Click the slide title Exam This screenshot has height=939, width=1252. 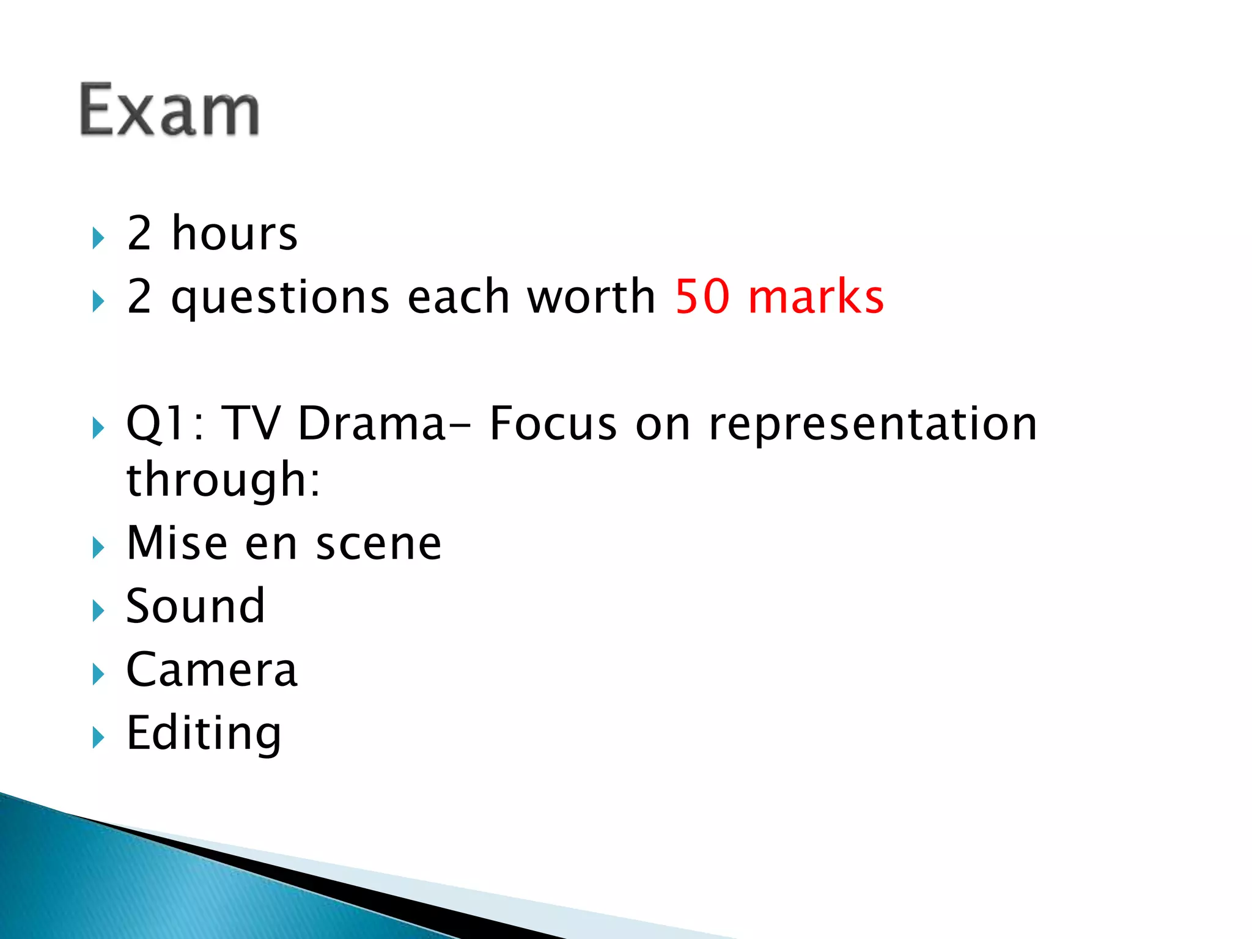[x=170, y=110]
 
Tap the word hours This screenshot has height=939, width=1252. [x=235, y=234]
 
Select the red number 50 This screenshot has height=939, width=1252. [x=702, y=296]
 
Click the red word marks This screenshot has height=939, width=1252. [x=816, y=296]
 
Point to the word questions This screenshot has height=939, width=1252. [x=280, y=298]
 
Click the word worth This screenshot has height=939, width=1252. [x=591, y=296]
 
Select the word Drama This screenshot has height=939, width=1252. [x=372, y=423]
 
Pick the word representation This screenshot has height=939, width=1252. [x=873, y=424]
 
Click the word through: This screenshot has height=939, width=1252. [x=223, y=481]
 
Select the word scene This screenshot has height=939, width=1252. [x=378, y=544]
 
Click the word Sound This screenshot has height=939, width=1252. [x=196, y=606]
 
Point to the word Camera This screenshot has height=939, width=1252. [x=212, y=669]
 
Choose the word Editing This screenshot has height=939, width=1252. [x=204, y=733]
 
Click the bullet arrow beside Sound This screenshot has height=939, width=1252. [x=98, y=610]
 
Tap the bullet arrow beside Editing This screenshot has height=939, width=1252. [x=98, y=737]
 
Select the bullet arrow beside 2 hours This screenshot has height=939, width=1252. [x=98, y=238]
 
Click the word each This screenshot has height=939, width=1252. [x=458, y=296]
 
